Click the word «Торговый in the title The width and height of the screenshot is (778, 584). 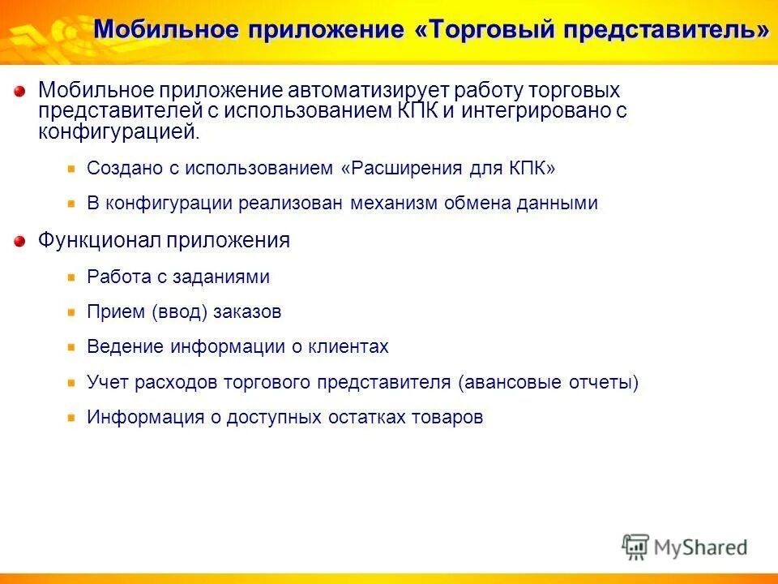point(485,30)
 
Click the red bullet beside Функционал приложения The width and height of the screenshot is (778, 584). point(19,241)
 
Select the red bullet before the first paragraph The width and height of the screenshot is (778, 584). point(19,91)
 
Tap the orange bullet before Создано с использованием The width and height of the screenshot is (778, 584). point(71,169)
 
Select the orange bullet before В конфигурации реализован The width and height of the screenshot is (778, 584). point(71,204)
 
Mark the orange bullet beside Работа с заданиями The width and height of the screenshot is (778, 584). point(71,277)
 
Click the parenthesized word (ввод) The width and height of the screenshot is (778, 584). point(180,311)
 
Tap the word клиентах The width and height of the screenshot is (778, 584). point(349,346)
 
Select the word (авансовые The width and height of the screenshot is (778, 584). point(508,382)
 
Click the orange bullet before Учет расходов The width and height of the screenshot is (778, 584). point(71,382)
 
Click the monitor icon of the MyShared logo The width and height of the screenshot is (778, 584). point(636,546)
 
